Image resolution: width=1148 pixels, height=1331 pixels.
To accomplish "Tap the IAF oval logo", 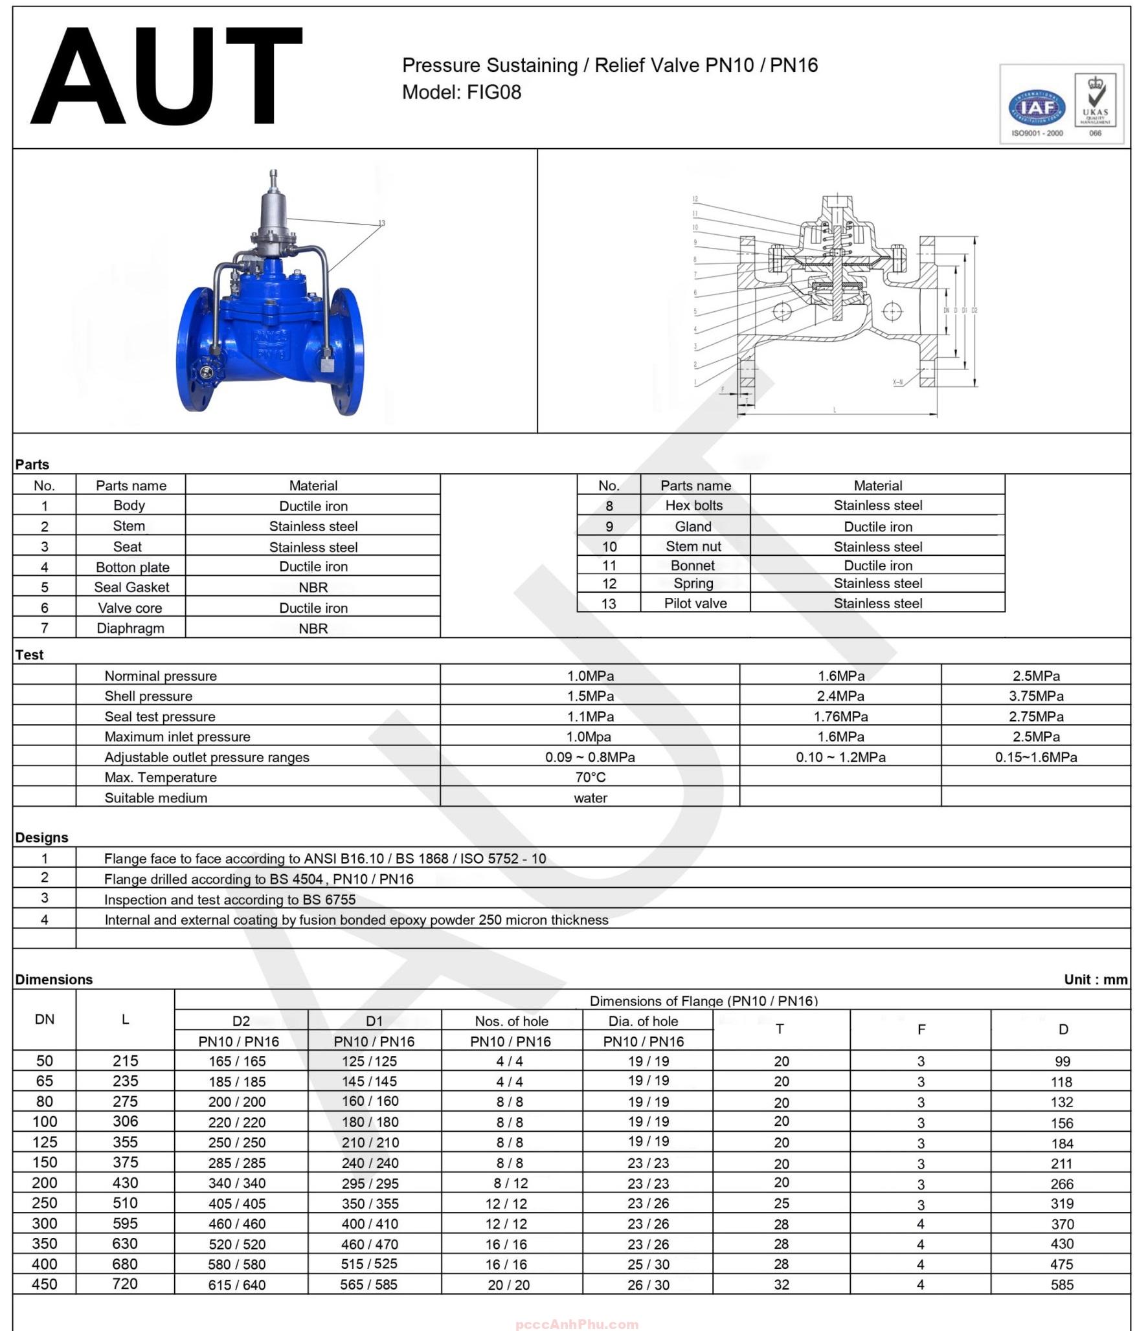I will tap(1037, 108).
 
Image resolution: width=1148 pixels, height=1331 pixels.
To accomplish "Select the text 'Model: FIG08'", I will tap(462, 93).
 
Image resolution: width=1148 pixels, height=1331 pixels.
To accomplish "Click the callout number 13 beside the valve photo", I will tap(381, 223).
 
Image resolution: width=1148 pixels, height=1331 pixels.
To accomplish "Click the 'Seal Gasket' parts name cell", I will tap(131, 587).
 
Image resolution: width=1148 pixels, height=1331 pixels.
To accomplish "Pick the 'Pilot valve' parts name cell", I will tap(695, 603).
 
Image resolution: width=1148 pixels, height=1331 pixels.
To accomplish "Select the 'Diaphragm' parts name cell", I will tap(130, 628).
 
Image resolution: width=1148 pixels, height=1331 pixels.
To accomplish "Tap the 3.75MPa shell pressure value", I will tap(1035, 696).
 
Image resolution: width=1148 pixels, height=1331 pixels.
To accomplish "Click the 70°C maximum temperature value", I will tap(590, 777).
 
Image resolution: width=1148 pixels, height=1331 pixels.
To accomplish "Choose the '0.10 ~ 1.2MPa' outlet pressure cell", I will tap(840, 757).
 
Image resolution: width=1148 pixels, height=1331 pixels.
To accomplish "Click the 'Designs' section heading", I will tap(42, 837).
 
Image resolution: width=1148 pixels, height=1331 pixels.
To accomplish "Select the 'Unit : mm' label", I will tap(1096, 979).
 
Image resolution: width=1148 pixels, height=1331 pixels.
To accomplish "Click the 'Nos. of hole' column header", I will tap(512, 1021).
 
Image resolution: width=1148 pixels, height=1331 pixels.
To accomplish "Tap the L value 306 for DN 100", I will tap(126, 1121).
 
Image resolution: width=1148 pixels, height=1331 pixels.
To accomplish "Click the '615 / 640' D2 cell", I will tap(237, 1285).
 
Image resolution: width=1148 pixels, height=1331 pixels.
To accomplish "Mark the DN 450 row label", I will tap(45, 1284).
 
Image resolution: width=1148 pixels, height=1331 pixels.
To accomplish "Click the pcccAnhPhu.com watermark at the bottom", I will tap(577, 1325).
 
